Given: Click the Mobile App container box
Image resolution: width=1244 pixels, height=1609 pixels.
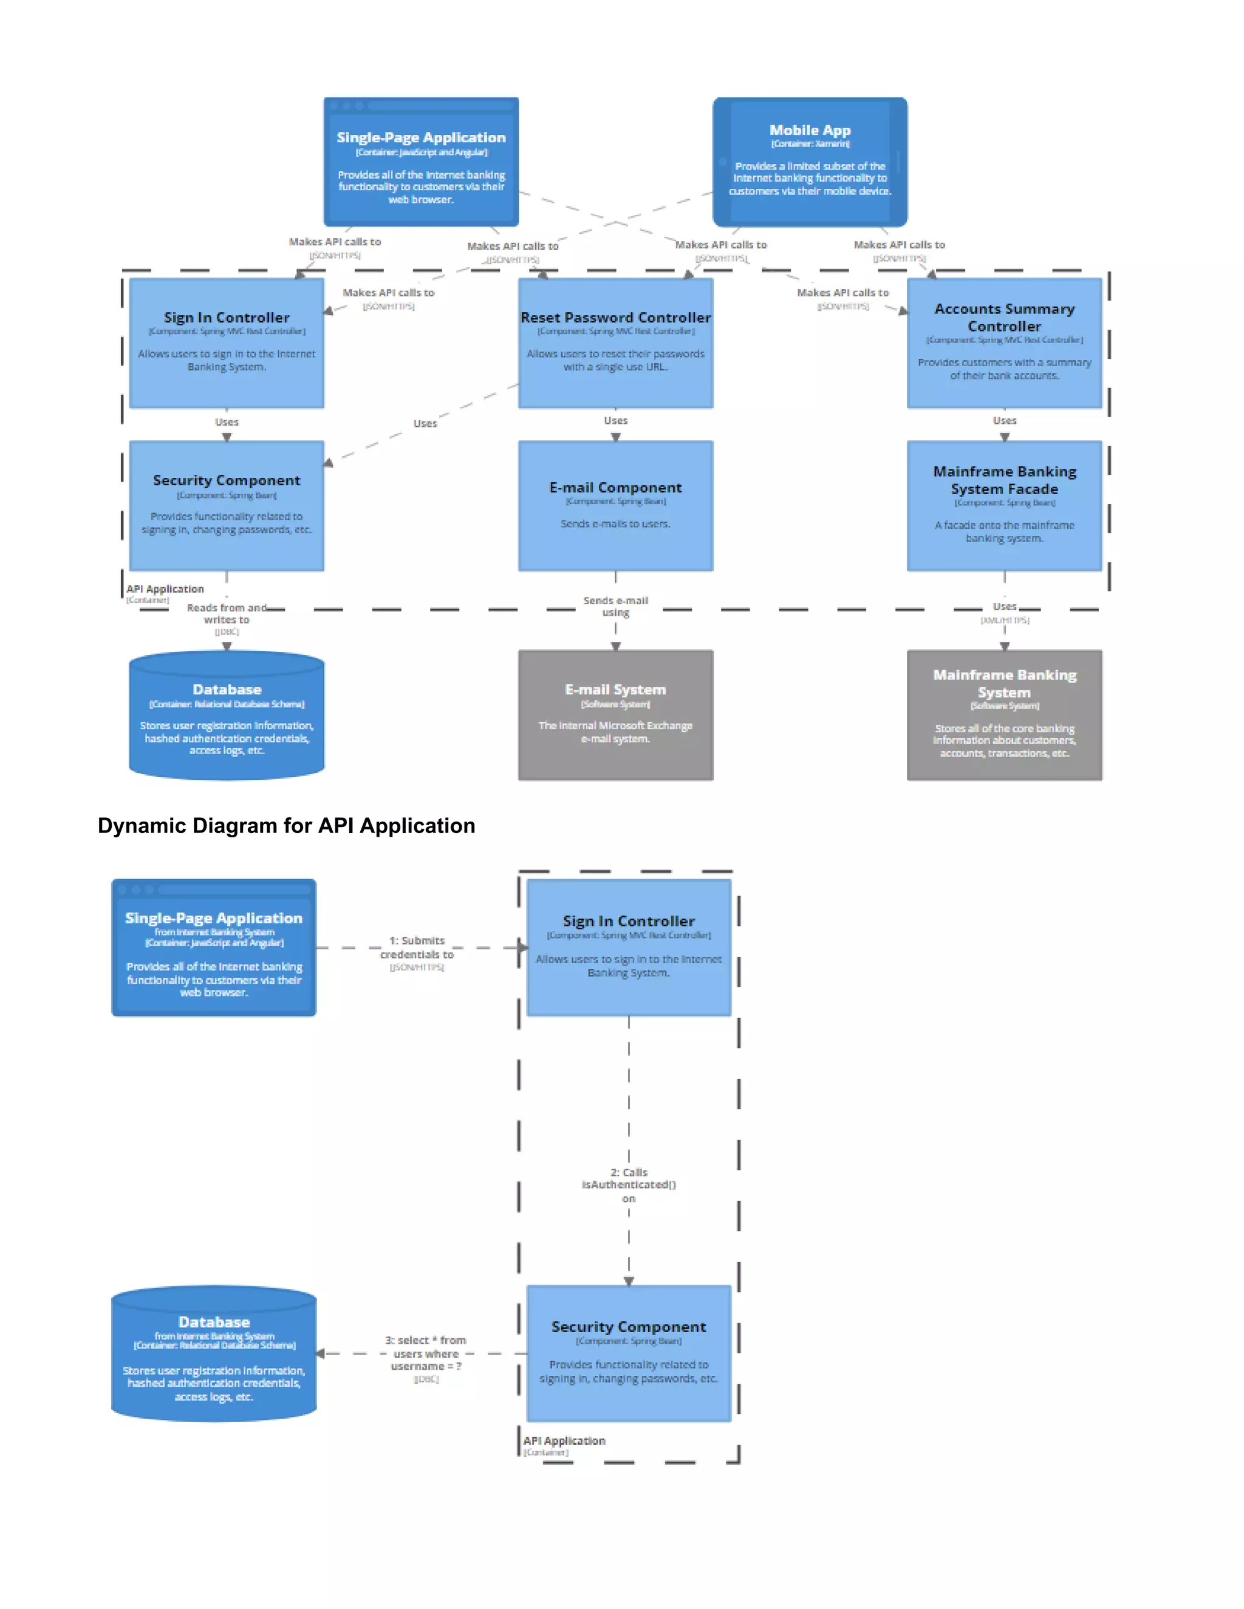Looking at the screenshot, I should (x=809, y=162).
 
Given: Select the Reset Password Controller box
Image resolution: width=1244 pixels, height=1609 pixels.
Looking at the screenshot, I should (x=615, y=342).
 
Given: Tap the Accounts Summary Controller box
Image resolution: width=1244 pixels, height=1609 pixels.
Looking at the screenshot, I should (x=1003, y=342).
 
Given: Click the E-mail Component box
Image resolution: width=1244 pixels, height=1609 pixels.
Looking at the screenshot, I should (x=615, y=505).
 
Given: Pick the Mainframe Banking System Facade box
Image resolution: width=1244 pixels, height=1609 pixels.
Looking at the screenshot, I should (x=1003, y=505).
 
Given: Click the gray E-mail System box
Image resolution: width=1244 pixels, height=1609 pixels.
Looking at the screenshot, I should (x=615, y=715).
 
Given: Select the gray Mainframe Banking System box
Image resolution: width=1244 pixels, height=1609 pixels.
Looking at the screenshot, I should (x=1003, y=715).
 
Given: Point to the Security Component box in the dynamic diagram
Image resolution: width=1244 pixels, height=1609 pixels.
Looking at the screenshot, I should (x=629, y=1353).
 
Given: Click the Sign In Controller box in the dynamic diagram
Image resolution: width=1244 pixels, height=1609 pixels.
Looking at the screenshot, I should (x=629, y=947).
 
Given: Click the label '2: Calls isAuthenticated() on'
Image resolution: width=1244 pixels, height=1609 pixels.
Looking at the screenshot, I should (x=629, y=1185).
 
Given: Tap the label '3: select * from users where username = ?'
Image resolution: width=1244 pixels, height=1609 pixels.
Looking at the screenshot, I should (x=426, y=1353).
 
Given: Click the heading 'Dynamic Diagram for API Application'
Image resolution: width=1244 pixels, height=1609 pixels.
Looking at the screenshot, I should (x=286, y=826).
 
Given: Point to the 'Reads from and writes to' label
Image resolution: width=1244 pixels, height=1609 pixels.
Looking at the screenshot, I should (x=226, y=614).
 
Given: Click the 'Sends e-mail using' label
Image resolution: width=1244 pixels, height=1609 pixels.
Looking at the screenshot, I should (x=615, y=607).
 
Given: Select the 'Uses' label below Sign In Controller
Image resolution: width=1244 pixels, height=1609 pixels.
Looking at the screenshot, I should (x=226, y=422).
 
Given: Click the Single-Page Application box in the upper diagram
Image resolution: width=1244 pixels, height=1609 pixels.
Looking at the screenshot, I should (x=421, y=162).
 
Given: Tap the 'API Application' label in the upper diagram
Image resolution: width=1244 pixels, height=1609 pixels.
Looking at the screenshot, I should (x=165, y=590).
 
